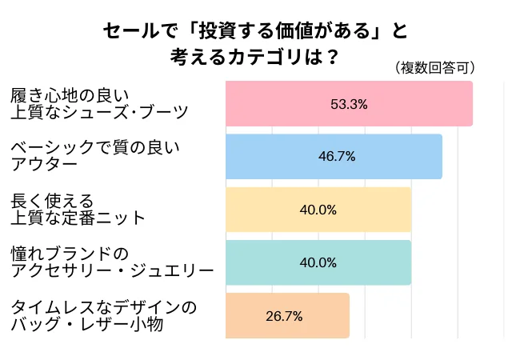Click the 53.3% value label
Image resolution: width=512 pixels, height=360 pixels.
click(x=349, y=103)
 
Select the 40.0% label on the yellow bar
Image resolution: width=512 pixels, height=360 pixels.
click(x=318, y=210)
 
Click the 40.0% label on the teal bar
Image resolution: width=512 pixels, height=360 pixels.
click(x=318, y=262)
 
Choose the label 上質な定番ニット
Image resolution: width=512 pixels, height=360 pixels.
click(x=78, y=218)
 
